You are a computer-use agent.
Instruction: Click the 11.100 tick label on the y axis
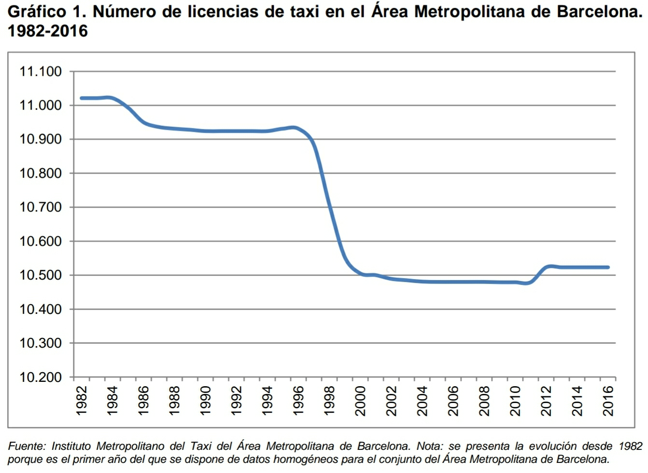click(41, 72)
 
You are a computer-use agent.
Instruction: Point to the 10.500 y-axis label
click(41, 275)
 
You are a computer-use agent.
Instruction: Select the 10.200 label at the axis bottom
click(41, 377)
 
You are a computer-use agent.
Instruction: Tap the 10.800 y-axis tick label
click(41, 174)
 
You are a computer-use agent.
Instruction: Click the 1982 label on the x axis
click(82, 400)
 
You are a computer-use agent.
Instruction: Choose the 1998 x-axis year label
click(329, 400)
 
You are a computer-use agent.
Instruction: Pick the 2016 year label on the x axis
click(608, 400)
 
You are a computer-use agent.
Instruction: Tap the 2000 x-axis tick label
click(360, 400)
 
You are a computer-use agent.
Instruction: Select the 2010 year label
click(515, 400)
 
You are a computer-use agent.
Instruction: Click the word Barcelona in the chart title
click(599, 12)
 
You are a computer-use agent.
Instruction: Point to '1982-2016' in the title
click(48, 31)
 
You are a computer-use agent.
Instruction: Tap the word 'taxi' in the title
click(302, 12)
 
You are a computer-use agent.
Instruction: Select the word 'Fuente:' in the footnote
click(27, 446)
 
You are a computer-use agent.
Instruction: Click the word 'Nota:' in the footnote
click(430, 446)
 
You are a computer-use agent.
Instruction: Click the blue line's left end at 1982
click(82, 98)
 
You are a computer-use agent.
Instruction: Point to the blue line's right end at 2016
click(608, 267)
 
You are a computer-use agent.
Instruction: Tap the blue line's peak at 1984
click(109, 97)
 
